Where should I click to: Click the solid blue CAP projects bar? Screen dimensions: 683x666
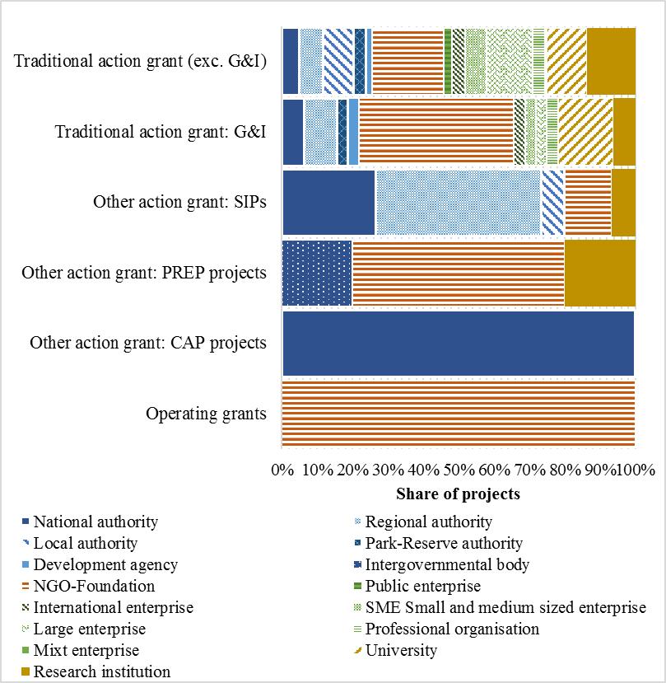coord(458,343)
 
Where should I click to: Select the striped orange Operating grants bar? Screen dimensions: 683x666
coord(458,414)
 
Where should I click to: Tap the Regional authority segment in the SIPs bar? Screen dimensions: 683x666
coord(458,202)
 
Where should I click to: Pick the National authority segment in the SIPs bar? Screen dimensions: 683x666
coord(328,202)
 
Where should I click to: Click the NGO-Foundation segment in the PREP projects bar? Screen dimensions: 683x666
coord(458,273)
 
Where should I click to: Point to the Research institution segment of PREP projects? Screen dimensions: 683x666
coord(599,273)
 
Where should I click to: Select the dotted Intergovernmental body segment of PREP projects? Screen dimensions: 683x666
coord(317,273)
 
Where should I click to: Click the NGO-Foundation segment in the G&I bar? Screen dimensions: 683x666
coord(436,132)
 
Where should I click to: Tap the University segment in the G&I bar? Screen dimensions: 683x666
coord(585,132)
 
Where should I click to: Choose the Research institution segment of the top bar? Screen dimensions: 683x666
coord(611,61)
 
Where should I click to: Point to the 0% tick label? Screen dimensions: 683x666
coord(282,470)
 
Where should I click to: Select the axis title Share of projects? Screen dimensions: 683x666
coord(458,494)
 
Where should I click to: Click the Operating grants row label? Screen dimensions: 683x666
coord(206,414)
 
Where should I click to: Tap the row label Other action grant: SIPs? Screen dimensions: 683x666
coord(179,202)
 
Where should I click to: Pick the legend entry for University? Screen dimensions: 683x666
coord(401,651)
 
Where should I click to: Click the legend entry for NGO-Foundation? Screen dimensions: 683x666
coord(94,587)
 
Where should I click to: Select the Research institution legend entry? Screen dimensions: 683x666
coord(102,672)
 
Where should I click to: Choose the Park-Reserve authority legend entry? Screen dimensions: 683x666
coord(444,544)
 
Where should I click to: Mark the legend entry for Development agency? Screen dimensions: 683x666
coord(105,565)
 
